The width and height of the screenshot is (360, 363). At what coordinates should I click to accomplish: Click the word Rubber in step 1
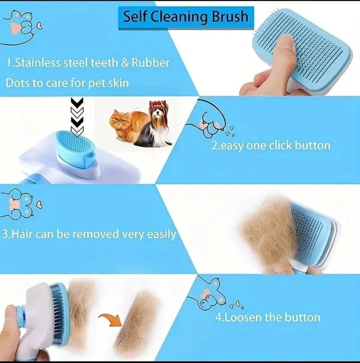click(150, 63)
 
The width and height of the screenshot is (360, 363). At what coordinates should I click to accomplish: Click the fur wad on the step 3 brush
click(268, 234)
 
